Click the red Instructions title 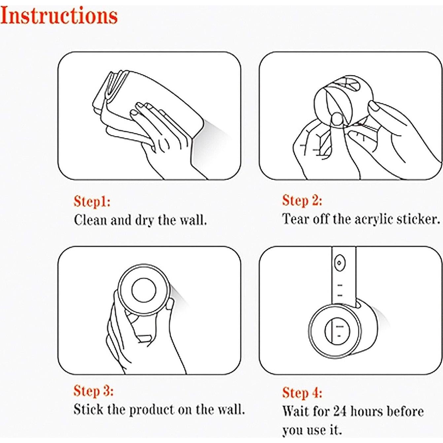click(59, 16)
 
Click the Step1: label click(92, 202)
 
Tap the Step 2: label click(302, 200)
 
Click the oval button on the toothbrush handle click(339, 262)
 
